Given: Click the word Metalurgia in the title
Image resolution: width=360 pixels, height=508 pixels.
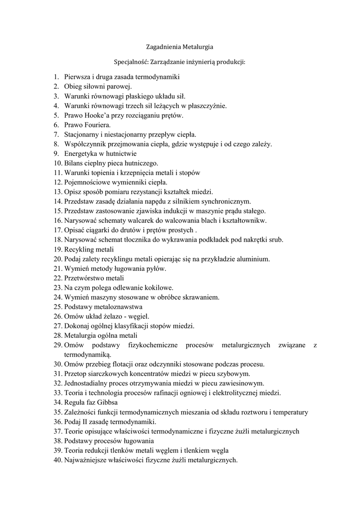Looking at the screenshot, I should [x=198, y=47].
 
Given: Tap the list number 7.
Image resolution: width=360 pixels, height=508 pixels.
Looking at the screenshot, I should [x=57, y=134].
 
